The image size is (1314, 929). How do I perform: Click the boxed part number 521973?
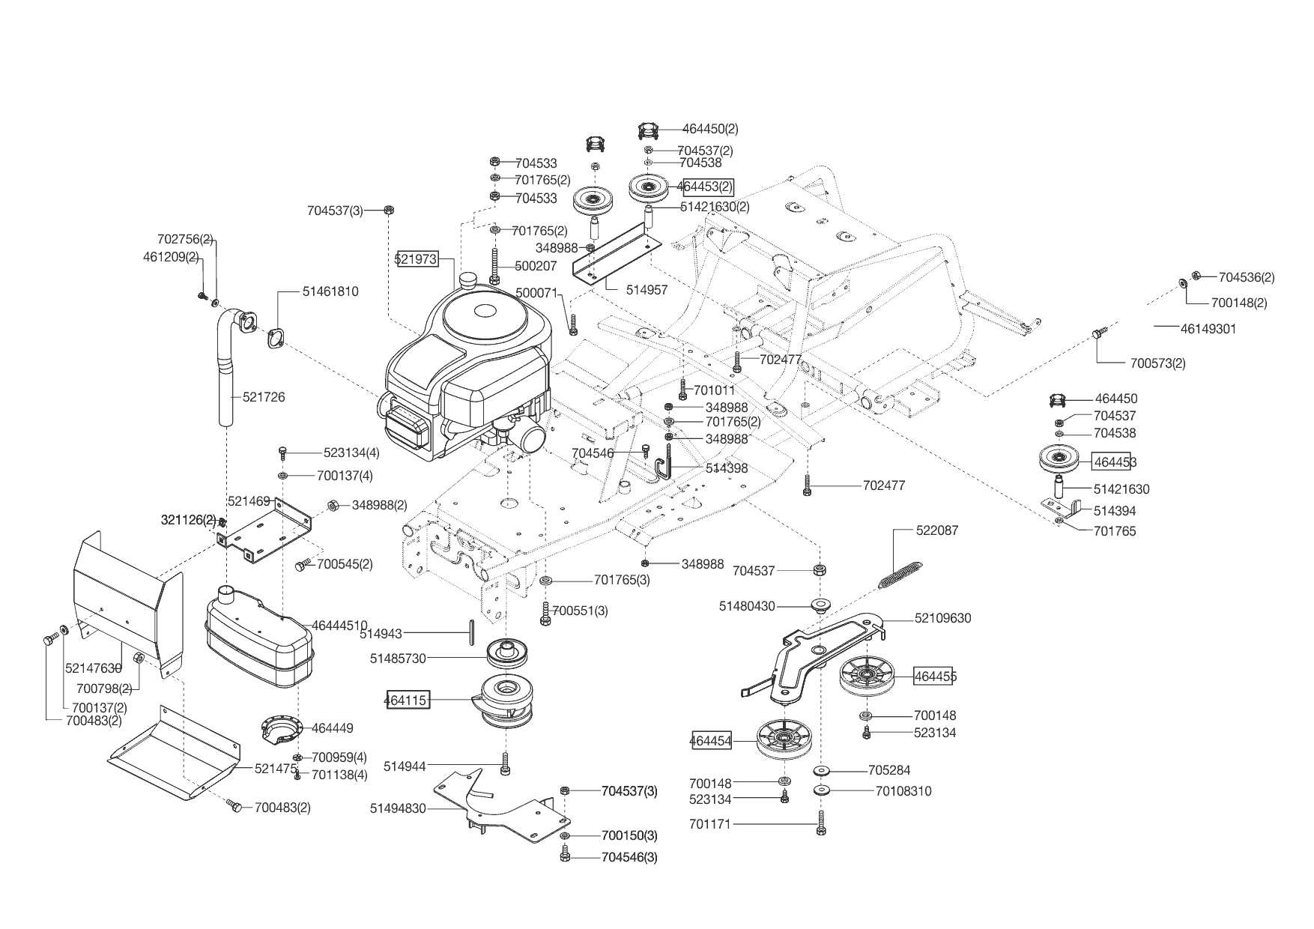417,259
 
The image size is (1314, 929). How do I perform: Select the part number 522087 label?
937,530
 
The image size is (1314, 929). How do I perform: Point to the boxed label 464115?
407,700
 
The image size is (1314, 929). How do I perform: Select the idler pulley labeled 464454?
784,740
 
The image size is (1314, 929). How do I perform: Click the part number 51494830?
398,808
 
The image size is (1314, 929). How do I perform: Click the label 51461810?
330,291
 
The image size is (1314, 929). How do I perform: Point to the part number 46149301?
1208,328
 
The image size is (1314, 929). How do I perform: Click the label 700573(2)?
1157,363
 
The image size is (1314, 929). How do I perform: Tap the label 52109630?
942,618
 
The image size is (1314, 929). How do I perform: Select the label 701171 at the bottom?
709,825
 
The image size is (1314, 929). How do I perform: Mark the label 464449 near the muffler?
332,727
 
